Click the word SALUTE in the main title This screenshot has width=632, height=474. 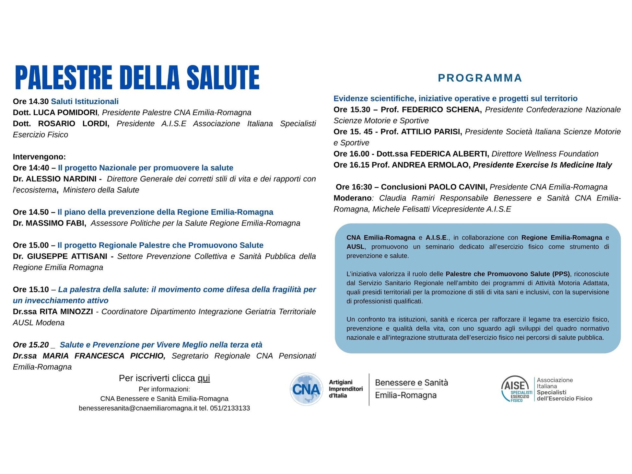(x=223, y=77)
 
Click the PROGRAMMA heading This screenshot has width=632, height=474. (x=480, y=78)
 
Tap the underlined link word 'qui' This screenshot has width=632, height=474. (x=204, y=378)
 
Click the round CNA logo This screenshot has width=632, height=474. (x=306, y=389)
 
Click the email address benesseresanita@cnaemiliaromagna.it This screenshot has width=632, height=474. (x=138, y=408)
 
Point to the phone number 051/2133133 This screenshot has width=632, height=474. (x=230, y=408)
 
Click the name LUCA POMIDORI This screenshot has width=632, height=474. (x=65, y=112)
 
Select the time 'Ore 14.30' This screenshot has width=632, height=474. (x=31, y=101)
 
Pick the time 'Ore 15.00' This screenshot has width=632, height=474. (x=31, y=245)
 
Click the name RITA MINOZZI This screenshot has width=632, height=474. (x=66, y=312)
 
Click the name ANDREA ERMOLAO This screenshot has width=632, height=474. (x=431, y=165)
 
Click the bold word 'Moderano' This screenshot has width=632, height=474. (x=352, y=198)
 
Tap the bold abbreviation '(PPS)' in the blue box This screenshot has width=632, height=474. (x=560, y=274)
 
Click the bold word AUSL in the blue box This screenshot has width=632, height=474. (x=355, y=247)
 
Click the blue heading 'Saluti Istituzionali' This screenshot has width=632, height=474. (x=85, y=101)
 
